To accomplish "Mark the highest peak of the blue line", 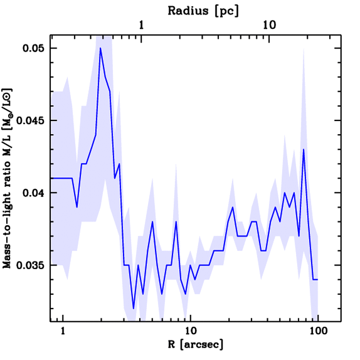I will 100,48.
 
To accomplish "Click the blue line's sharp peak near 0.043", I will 303,149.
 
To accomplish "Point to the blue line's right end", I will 318,279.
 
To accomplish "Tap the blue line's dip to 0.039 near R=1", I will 77,207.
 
